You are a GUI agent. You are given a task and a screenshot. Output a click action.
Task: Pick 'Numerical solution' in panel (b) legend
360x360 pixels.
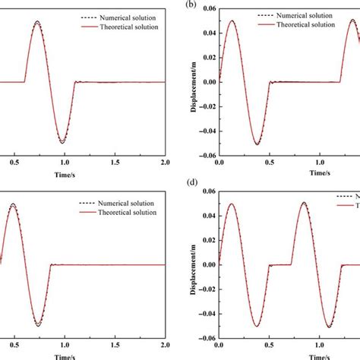(x=303, y=14)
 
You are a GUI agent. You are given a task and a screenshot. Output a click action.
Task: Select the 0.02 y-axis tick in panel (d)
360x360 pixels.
(x=205, y=245)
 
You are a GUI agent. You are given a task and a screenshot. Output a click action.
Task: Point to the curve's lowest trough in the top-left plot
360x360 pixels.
(x=62, y=143)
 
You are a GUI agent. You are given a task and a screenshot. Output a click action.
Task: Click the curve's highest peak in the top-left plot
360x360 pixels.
(x=36, y=22)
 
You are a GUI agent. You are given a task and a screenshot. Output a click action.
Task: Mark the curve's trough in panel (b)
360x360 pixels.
(x=257, y=144)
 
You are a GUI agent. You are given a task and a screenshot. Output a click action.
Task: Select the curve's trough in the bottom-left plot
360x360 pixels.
(x=37, y=325)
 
